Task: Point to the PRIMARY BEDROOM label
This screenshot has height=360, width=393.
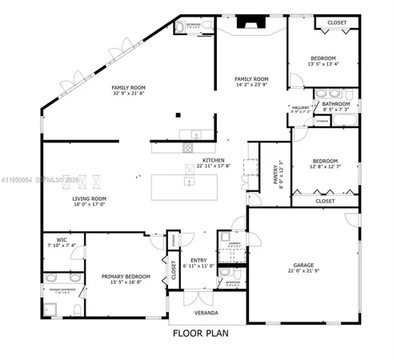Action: pyautogui.click(x=126, y=276)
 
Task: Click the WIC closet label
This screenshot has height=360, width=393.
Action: pyautogui.click(x=54, y=239)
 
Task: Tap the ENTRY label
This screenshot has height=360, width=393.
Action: pyautogui.click(x=199, y=258)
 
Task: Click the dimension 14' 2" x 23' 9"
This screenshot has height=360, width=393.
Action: pyautogui.click(x=251, y=86)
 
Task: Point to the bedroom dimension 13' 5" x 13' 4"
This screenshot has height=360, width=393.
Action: pyautogui.click(x=323, y=65)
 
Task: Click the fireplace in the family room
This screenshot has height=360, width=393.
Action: pyautogui.click(x=251, y=25)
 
